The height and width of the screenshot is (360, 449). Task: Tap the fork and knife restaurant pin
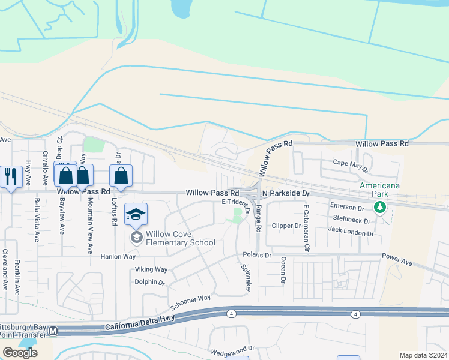coord(11,176)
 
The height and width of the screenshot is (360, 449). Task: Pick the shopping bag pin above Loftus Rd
coord(121,176)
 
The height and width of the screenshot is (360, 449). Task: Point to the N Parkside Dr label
coord(285,194)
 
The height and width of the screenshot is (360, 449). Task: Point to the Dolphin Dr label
coord(149,281)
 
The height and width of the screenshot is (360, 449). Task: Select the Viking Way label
coord(151,270)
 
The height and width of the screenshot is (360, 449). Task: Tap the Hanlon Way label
coord(118,256)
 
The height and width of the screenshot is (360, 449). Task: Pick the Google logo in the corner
coord(20,353)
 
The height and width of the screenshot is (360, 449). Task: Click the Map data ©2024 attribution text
coord(423,355)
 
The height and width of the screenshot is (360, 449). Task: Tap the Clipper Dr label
coord(286,226)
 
